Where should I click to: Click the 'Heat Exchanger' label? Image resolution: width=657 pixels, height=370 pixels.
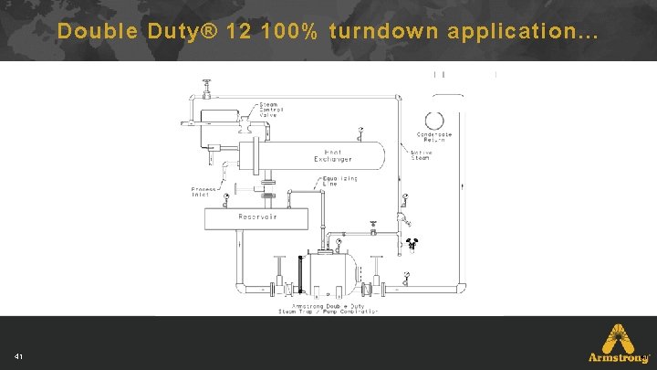pyautogui.click(x=332, y=155)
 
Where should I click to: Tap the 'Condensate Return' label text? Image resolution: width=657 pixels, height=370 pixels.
pyautogui.click(x=434, y=139)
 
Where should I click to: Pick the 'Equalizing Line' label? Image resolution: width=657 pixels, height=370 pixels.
pyautogui.click(x=339, y=181)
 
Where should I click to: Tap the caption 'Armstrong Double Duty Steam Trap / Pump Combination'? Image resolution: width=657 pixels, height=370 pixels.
pyautogui.click(x=328, y=309)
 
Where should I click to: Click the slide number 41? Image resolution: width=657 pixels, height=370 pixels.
pyautogui.click(x=19, y=355)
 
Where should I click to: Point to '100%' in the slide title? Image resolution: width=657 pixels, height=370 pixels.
pyautogui.click(x=289, y=32)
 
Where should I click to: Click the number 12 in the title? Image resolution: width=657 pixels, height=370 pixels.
pyautogui.click(x=238, y=32)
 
